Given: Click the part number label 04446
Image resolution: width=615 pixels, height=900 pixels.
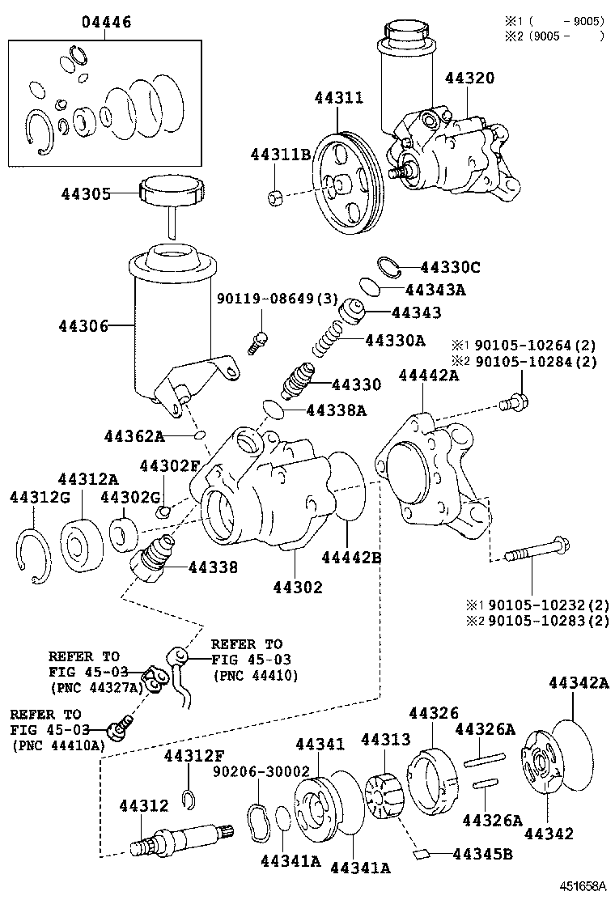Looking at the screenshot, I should tap(106, 22).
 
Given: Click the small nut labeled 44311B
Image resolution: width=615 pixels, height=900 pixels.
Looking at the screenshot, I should tap(274, 197).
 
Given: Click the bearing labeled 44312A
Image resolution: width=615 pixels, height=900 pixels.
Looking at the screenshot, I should tap(81, 541).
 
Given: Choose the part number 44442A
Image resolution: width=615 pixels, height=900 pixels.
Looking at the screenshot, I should tap(429, 376).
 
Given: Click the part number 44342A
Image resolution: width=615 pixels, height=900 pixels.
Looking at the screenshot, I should tap(578, 683).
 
